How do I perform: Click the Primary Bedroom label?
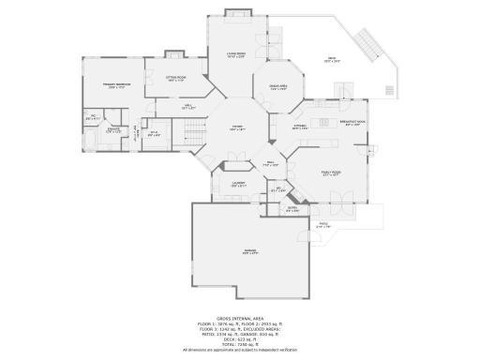tap(115, 86)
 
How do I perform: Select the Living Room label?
tap(234, 54)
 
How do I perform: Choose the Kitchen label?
tap(300, 127)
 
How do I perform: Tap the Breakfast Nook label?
tap(352, 123)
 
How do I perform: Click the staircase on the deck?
tap(367, 42)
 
